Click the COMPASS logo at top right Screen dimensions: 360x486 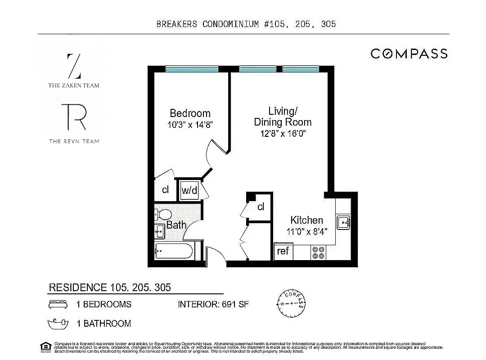tap(409, 54)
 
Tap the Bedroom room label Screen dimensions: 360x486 tap(190, 113)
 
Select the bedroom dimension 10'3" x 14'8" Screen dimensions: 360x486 tap(190, 125)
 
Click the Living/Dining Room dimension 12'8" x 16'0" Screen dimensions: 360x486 tap(283, 133)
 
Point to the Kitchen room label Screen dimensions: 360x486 tap(306, 220)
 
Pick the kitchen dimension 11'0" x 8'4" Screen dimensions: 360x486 tap(307, 232)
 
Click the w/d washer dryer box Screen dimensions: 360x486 tap(189, 190)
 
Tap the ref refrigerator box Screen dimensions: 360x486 tap(283, 251)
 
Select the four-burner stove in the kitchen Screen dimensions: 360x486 tap(318, 252)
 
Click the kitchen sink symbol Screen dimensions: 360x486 tap(343, 222)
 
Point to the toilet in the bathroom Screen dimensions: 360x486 tap(162, 214)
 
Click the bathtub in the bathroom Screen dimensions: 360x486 tap(174, 251)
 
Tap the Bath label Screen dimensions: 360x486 tap(176, 225)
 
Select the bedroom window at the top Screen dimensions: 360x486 tap(192, 69)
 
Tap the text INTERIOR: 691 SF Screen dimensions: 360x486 tap(213, 304)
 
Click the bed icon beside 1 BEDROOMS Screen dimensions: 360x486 tap(58, 304)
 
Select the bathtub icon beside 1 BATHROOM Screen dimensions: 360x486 tap(58, 323)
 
